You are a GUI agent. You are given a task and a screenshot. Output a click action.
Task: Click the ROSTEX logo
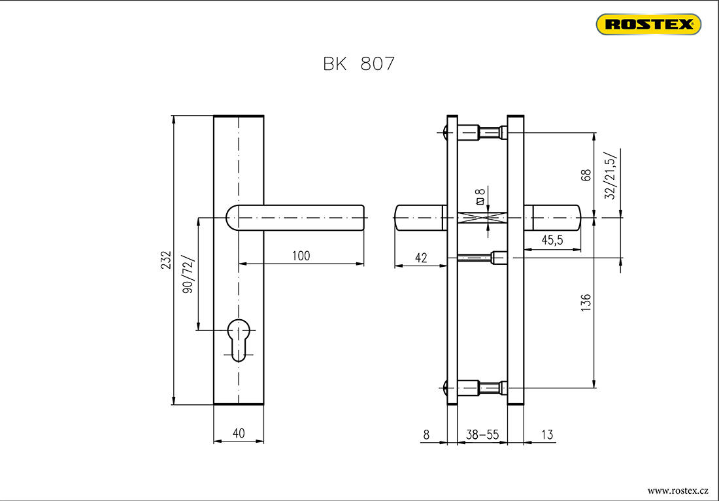tap(648, 25)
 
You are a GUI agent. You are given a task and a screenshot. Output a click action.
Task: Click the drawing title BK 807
tap(359, 64)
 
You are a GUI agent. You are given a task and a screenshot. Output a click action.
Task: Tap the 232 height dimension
tap(166, 260)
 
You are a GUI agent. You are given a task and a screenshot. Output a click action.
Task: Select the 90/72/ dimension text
tap(189, 275)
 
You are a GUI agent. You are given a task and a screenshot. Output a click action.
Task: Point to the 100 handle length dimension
tap(301, 256)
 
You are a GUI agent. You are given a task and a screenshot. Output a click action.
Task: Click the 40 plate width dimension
tap(239, 433)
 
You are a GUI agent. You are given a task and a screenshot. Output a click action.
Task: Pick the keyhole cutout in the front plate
tap(239, 337)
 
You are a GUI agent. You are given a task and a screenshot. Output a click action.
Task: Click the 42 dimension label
tap(421, 258)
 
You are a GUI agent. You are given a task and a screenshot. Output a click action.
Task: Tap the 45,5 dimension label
tap(552, 241)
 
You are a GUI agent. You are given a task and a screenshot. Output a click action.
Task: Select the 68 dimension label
tap(586, 175)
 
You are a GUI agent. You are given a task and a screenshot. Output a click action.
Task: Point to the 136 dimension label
tap(586, 302)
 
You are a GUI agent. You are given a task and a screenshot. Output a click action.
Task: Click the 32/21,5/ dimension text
tap(610, 175)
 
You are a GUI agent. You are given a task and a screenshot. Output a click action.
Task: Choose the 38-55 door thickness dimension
tap(482, 434)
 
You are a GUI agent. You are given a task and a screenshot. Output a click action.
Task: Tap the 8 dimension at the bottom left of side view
tap(426, 434)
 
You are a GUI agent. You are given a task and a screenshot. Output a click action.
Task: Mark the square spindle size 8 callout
tap(481, 196)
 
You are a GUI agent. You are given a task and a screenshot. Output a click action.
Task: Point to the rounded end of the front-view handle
tap(231, 217)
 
